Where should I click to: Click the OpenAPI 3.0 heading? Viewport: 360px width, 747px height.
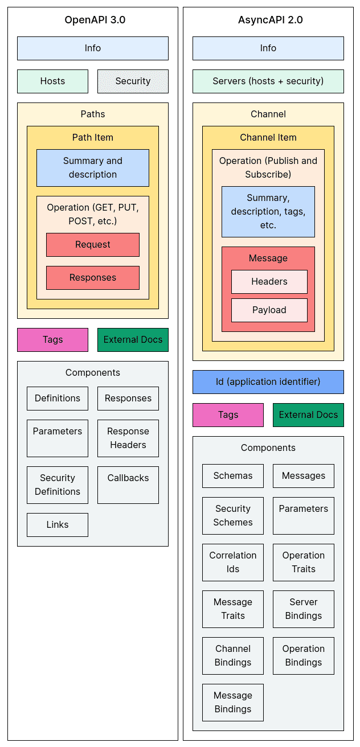95,20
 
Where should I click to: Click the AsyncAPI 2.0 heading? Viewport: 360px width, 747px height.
270,20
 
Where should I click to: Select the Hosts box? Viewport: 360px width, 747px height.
52,81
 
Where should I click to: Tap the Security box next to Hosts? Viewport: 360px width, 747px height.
133,81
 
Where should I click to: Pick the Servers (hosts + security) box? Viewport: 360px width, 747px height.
268,81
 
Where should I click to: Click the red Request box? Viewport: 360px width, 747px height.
92,245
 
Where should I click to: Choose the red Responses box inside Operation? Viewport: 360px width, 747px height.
92,278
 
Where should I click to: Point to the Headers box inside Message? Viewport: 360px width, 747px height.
269,282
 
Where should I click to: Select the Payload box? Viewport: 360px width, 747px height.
269,310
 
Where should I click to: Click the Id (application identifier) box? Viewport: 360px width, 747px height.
268,382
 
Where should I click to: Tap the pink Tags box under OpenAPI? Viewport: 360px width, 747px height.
52,340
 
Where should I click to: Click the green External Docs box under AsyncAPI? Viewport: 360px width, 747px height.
308,415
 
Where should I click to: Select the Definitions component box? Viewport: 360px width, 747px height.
58,399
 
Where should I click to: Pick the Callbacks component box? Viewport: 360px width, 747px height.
128,485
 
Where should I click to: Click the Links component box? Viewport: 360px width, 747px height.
58,525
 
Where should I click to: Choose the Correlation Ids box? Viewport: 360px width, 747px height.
233,563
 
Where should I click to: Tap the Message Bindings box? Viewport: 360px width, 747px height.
233,703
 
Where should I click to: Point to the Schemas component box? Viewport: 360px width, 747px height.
233,476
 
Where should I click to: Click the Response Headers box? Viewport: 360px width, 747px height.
128,438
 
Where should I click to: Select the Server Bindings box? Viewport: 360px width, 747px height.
304,609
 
